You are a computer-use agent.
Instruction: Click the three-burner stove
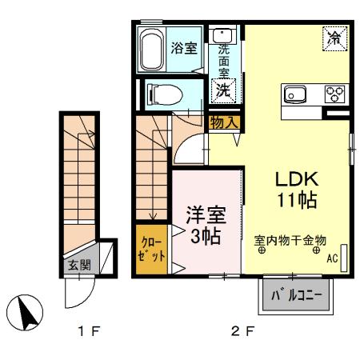pyautogui.click(x=334, y=94)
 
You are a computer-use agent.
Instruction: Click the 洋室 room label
pyautogui.click(x=206, y=215)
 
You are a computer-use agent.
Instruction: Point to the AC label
pyautogui.click(x=332, y=258)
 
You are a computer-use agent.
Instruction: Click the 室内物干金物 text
pyautogui.click(x=290, y=238)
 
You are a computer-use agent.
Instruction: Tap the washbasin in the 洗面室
pyautogui.click(x=222, y=35)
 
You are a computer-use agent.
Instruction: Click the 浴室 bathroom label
pyautogui.click(x=184, y=47)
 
